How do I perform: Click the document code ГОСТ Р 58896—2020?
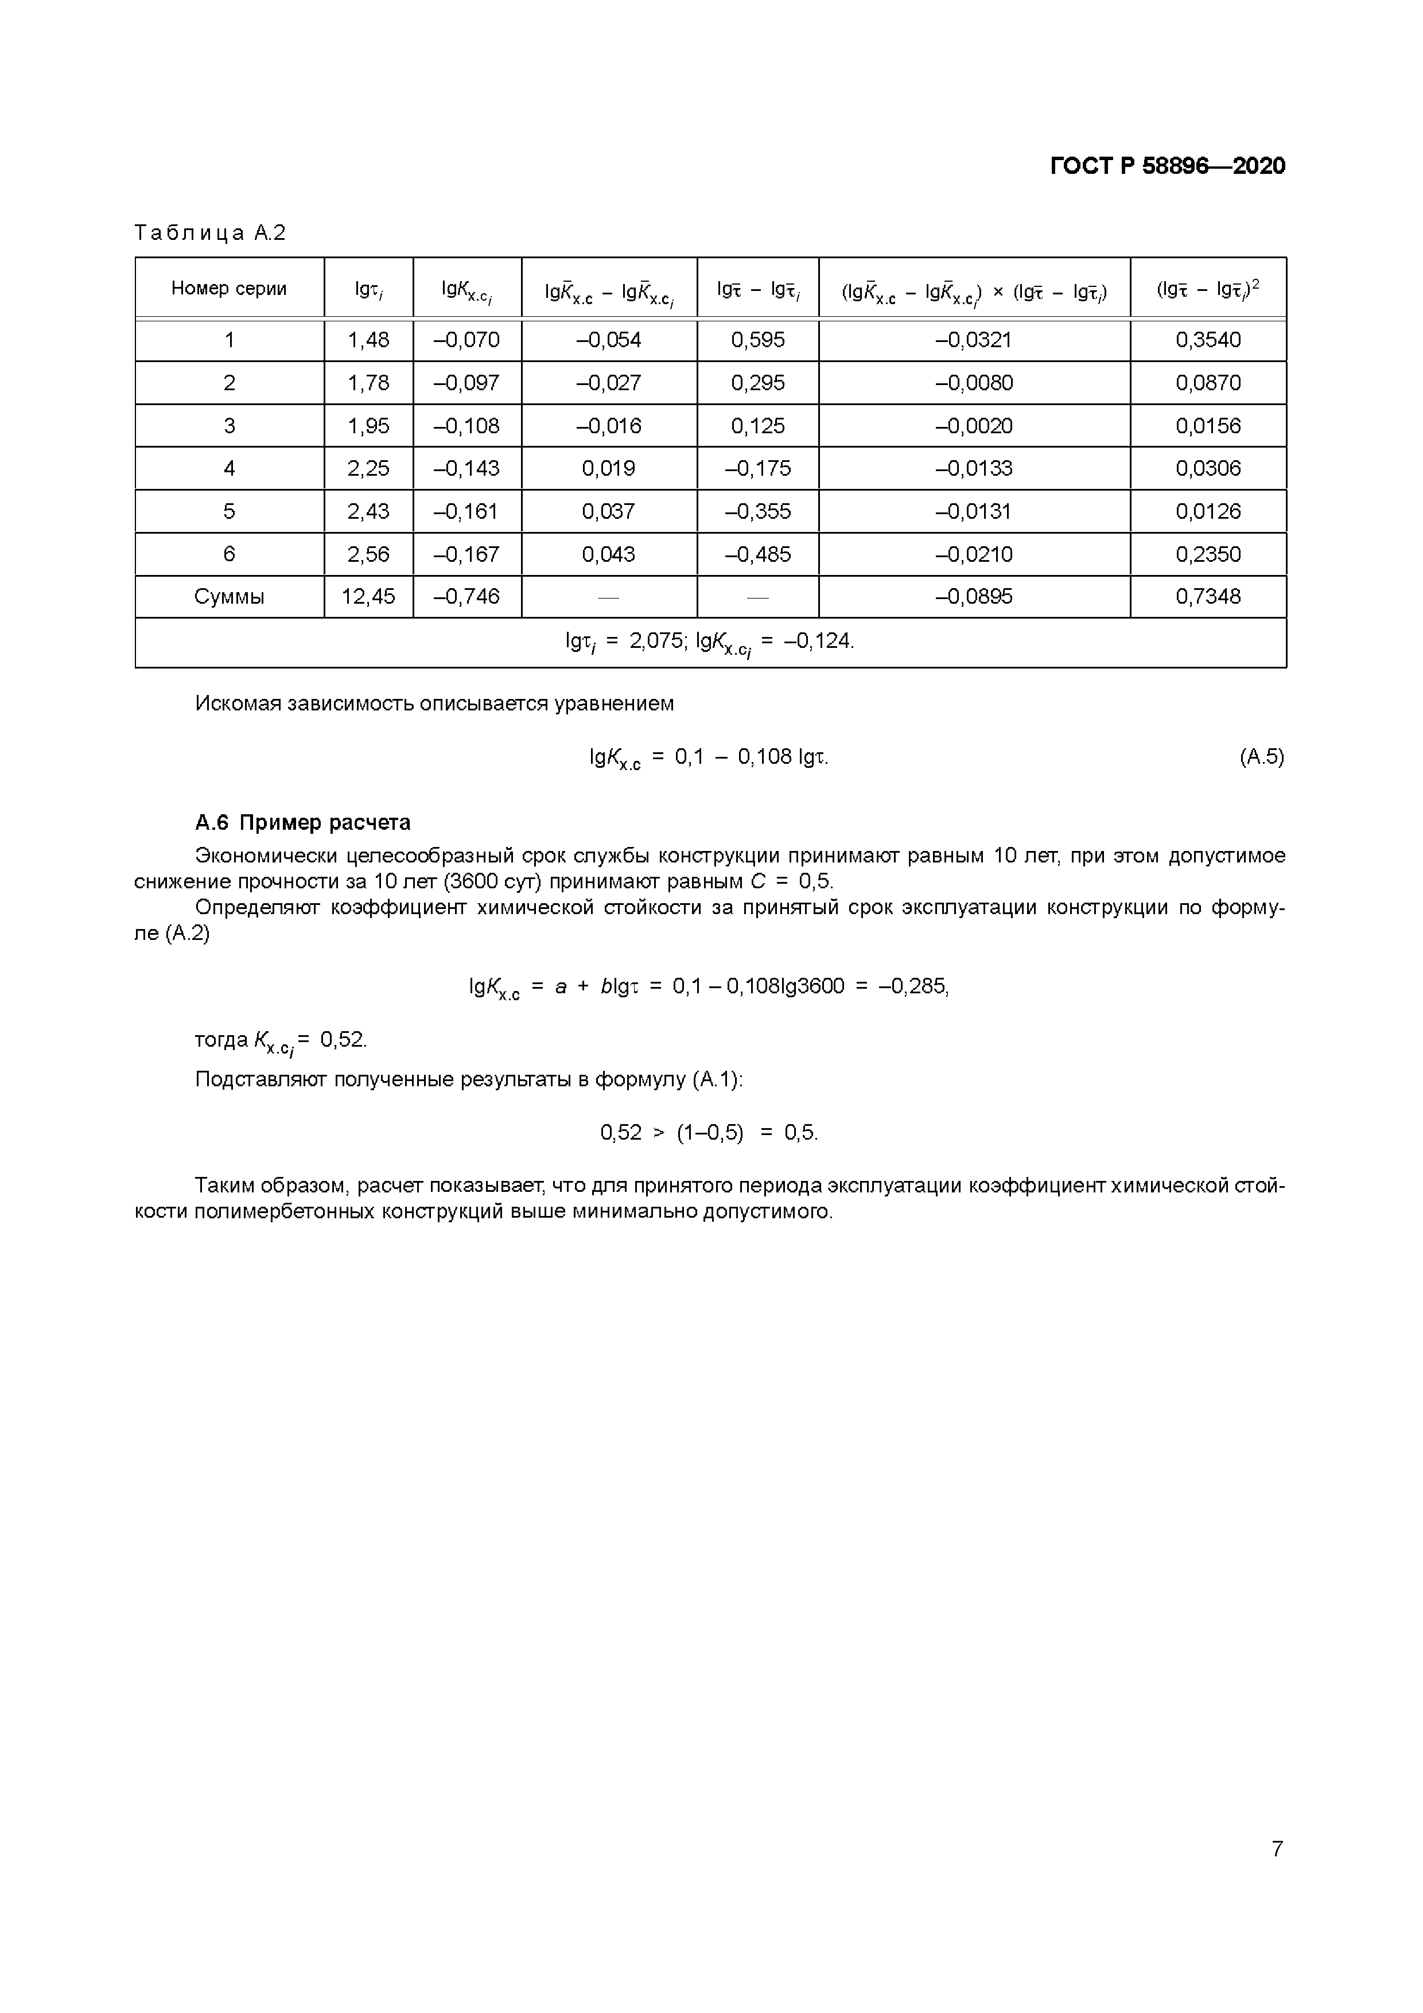pyautogui.click(x=1167, y=166)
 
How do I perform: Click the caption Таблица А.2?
pyautogui.click(x=211, y=232)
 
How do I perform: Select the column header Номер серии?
pyautogui.click(x=229, y=289)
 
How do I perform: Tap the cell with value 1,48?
pyautogui.click(x=368, y=340)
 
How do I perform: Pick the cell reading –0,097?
pyautogui.click(x=466, y=383)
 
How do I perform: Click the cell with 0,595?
pyautogui.click(x=757, y=340)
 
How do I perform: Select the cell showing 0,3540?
pyautogui.click(x=1207, y=340)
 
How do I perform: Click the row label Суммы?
pyautogui.click(x=229, y=597)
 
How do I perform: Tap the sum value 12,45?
pyautogui.click(x=368, y=597)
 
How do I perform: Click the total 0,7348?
pyautogui.click(x=1207, y=597)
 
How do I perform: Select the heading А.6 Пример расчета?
pyautogui.click(x=302, y=822)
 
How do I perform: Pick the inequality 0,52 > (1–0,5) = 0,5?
pyautogui.click(x=709, y=1133)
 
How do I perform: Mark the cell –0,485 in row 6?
pyautogui.click(x=757, y=554)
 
